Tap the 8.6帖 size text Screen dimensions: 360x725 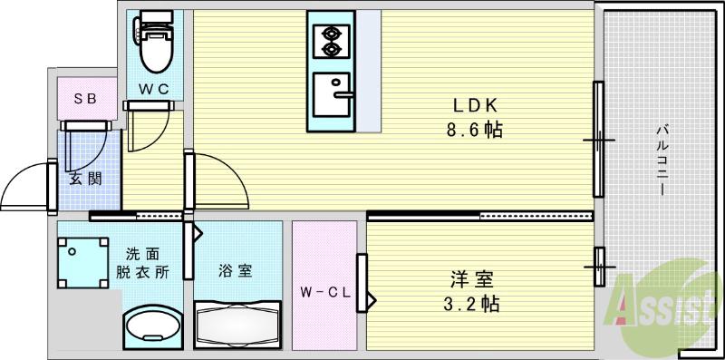[474, 130]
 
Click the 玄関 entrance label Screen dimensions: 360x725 [85, 179]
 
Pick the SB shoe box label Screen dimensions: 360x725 [86, 99]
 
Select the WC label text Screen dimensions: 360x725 [153, 88]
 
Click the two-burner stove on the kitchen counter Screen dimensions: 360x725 [330, 41]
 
